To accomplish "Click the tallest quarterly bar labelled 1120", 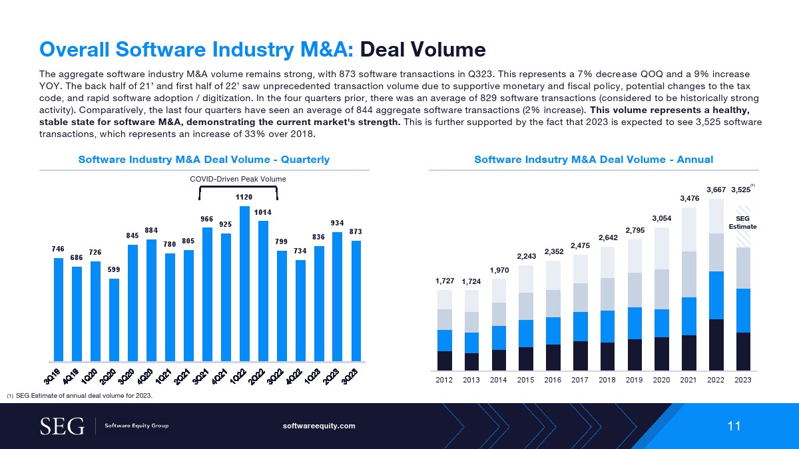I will click(x=244, y=283).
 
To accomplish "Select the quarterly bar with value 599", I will click(x=114, y=319).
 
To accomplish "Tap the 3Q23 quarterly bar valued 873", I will click(x=356, y=300).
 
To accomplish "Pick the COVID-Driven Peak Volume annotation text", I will click(x=238, y=179).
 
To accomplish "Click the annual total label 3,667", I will click(x=716, y=190).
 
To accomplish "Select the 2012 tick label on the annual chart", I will click(x=444, y=380).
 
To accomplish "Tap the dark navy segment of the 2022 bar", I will click(x=716, y=345).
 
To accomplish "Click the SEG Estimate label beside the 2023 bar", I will click(x=746, y=222).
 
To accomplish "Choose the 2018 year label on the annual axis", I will click(x=607, y=380).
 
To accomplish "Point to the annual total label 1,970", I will click(x=499, y=270).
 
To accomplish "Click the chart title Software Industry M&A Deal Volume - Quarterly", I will click(x=204, y=160).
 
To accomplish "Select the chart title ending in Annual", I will click(x=593, y=160).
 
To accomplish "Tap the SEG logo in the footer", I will click(x=63, y=426).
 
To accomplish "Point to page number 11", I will click(x=734, y=426).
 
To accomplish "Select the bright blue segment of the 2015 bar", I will click(x=526, y=333).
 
